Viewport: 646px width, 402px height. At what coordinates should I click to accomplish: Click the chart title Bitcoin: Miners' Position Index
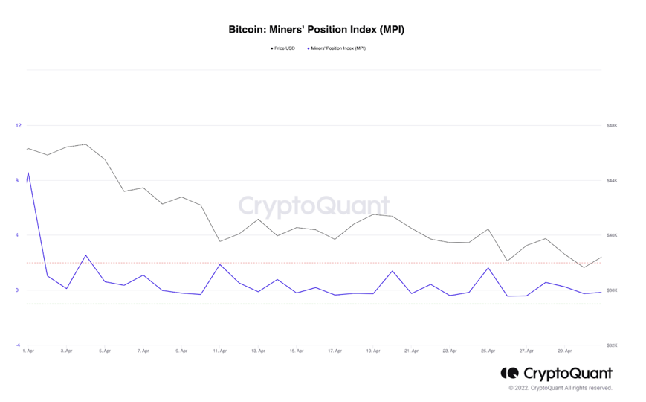pyautogui.click(x=316, y=30)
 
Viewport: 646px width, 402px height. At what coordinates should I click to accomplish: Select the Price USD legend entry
pyautogui.click(x=283, y=48)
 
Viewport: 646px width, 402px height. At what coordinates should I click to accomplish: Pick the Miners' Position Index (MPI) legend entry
pyautogui.click(x=336, y=48)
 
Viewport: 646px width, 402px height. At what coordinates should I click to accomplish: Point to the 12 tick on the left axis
pyautogui.click(x=19, y=125)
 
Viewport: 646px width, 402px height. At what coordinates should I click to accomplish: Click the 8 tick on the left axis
pyautogui.click(x=19, y=180)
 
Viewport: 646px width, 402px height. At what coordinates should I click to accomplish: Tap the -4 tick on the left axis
pyautogui.click(x=18, y=345)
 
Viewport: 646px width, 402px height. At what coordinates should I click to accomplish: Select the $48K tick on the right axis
pyautogui.click(x=612, y=126)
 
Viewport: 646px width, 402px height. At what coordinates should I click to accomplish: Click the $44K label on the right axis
pyautogui.click(x=612, y=181)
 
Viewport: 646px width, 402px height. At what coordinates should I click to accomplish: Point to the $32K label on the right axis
pyautogui.click(x=612, y=345)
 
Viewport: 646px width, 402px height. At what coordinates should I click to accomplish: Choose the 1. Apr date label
pyautogui.click(x=28, y=351)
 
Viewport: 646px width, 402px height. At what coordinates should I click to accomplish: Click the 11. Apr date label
pyautogui.click(x=219, y=351)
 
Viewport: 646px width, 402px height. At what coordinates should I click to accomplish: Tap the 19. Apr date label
pyautogui.click(x=372, y=351)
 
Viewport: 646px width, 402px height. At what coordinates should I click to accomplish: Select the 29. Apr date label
pyautogui.click(x=565, y=351)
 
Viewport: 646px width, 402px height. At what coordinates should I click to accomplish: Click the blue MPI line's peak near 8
pyautogui.click(x=28, y=173)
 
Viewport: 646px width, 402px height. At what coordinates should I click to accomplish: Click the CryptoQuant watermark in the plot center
pyautogui.click(x=314, y=205)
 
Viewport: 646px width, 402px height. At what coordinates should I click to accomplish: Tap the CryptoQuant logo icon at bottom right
pyautogui.click(x=509, y=374)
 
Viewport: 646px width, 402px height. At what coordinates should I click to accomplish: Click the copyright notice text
pyautogui.click(x=561, y=388)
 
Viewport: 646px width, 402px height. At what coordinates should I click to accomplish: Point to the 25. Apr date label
pyautogui.click(x=488, y=351)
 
